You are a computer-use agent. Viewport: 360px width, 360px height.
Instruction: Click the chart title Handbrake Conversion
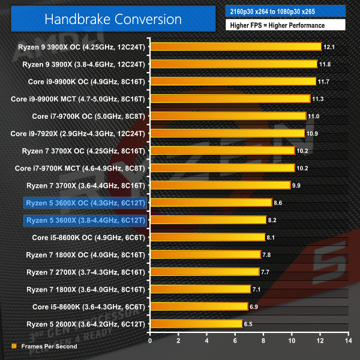(x=113, y=19)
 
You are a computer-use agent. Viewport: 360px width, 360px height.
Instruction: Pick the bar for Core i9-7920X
(x=227, y=133)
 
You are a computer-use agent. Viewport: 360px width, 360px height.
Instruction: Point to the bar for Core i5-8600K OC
(x=208, y=237)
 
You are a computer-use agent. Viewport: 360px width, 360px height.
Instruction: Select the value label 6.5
(x=250, y=323)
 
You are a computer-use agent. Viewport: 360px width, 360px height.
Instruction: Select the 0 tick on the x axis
(x=150, y=340)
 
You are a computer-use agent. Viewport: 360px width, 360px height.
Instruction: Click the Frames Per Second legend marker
(x=14, y=346)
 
